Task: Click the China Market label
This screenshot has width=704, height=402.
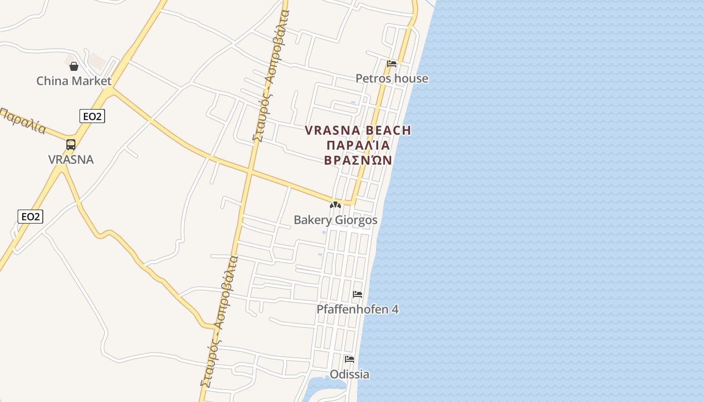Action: point(74,80)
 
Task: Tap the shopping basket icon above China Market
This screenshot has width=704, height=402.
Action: point(74,66)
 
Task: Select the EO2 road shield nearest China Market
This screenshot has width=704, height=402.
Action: point(92,117)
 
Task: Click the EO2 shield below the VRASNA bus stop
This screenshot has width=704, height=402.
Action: point(31,217)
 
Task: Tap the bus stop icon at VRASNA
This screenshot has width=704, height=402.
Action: point(71,145)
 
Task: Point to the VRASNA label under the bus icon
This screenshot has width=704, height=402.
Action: point(71,159)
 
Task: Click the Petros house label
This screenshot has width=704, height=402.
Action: point(392,78)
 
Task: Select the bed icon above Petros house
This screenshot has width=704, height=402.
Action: point(392,63)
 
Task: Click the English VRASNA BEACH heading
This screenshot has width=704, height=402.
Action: point(358,131)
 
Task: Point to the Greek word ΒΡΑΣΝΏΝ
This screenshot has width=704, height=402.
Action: point(358,160)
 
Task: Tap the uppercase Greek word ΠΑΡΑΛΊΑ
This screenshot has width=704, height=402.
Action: point(358,146)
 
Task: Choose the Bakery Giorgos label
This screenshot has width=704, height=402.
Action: point(335,220)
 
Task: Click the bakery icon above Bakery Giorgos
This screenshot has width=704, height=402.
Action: point(335,205)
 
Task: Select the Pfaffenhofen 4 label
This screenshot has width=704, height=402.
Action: point(358,310)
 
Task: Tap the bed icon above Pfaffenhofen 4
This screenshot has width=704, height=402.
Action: point(358,294)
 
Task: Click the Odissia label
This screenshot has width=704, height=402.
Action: point(349,374)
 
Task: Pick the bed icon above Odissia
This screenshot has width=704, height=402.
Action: point(349,359)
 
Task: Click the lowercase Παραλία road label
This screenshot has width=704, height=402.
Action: point(23,120)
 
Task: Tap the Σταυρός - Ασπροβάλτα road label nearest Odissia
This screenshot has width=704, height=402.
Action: point(219,322)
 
